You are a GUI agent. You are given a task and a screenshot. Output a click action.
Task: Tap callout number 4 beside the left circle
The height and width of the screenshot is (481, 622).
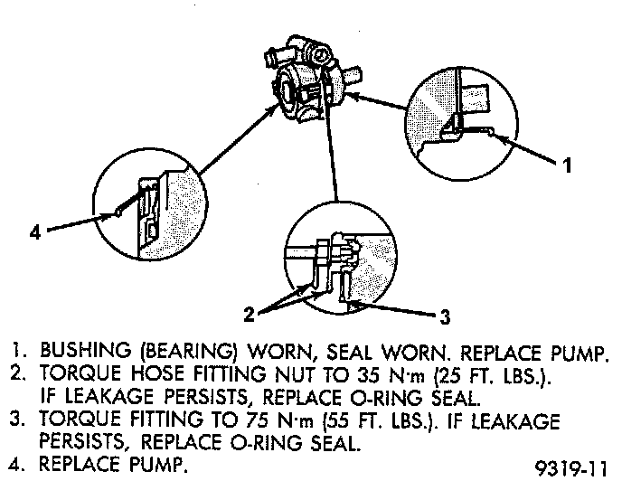tap(34, 232)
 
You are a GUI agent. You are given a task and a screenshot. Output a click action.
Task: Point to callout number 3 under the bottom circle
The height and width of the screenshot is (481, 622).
tap(444, 317)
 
